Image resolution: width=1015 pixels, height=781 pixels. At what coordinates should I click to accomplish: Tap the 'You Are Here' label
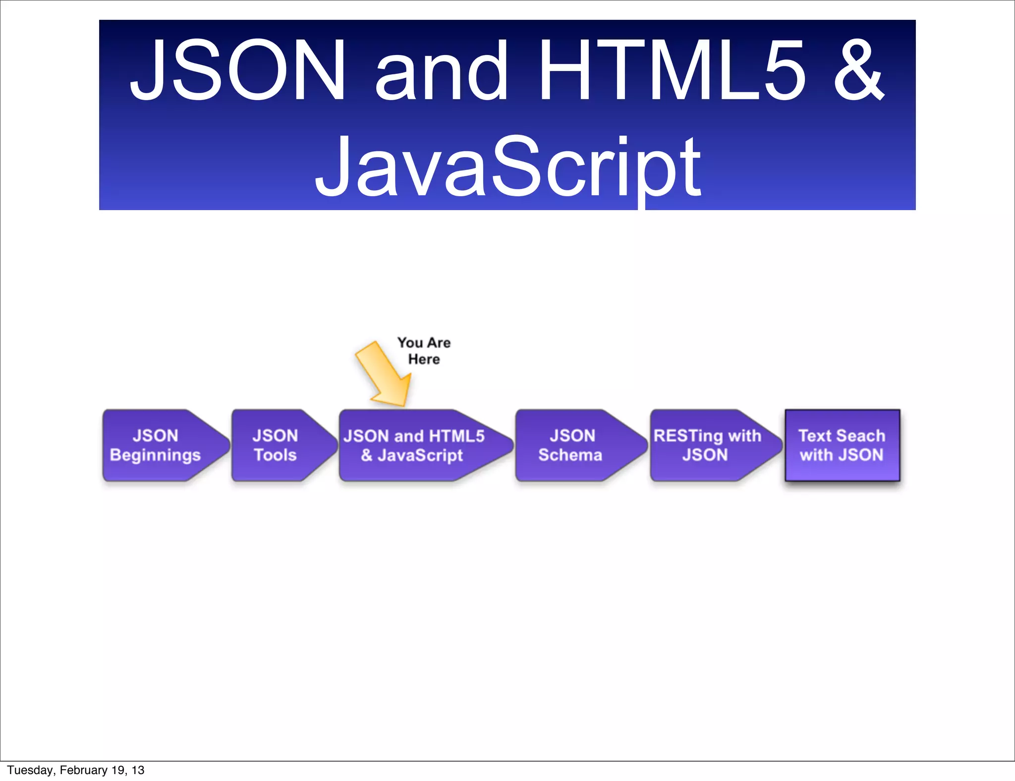(424, 350)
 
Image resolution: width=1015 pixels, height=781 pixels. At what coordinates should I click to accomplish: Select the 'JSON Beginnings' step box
(159, 445)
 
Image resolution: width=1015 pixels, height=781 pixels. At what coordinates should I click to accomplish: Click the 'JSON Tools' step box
(278, 445)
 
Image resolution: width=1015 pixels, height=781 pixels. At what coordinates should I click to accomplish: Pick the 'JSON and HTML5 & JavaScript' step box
(416, 445)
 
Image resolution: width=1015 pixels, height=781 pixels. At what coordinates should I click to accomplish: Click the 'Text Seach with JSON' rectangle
(842, 445)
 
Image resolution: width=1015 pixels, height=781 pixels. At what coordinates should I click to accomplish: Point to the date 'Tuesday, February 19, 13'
(75, 770)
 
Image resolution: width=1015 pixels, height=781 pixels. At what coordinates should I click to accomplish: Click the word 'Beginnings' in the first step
(155, 455)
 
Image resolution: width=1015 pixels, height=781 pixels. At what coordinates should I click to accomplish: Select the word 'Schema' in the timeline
(570, 455)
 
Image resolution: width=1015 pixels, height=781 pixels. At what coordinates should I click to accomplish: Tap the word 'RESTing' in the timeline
(688, 436)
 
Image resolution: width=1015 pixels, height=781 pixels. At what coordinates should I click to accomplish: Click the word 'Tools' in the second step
(275, 455)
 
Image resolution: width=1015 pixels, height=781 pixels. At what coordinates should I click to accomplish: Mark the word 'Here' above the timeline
(424, 359)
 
